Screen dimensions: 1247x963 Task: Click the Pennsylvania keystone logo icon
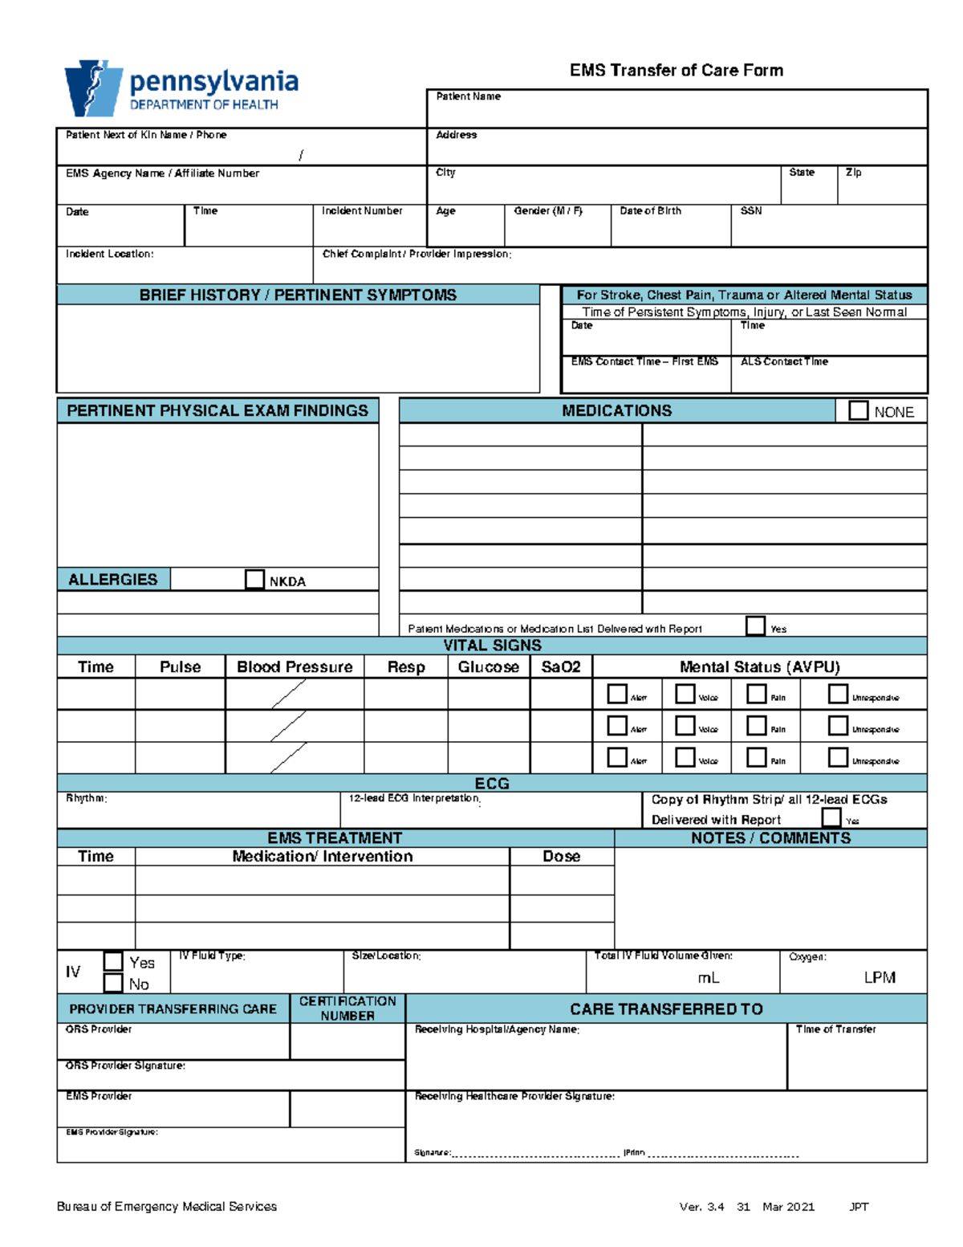click(93, 88)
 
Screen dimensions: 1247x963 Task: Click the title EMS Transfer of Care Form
click(676, 71)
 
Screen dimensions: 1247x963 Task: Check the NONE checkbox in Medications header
click(858, 411)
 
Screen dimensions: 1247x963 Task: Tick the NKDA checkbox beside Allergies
click(254, 580)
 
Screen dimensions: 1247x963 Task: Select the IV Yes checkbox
click(113, 961)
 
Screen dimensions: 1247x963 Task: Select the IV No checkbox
click(113, 984)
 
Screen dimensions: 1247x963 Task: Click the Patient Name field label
click(468, 96)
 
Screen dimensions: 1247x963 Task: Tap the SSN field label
click(750, 211)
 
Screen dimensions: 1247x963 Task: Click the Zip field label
click(853, 173)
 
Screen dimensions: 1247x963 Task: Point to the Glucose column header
click(488, 667)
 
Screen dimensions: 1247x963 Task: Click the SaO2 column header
click(560, 667)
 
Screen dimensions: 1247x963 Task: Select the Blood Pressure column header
click(295, 667)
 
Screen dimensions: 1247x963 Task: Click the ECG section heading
click(491, 784)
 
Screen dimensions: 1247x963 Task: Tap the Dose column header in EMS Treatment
click(561, 857)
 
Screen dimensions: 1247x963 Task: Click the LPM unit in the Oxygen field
click(879, 978)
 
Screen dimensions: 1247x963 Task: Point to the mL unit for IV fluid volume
click(708, 978)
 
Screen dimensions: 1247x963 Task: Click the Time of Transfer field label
click(835, 1029)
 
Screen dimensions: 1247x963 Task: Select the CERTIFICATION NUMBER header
click(347, 1009)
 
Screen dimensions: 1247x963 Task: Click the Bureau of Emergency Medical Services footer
click(167, 1207)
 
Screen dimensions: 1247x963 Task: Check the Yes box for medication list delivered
click(755, 626)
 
